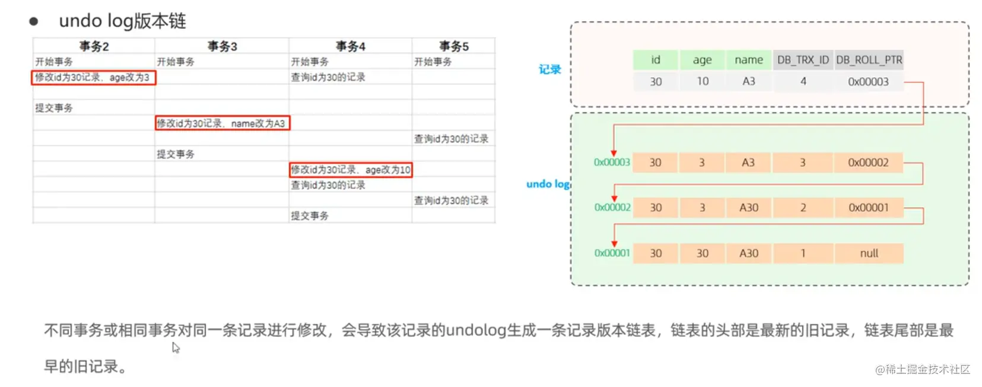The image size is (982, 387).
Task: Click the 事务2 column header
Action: pyautogui.click(x=94, y=46)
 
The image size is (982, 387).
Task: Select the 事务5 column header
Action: pyautogui.click(x=453, y=46)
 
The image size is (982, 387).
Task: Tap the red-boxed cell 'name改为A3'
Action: pyautogui.click(x=222, y=123)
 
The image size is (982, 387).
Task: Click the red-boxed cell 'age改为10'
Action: pyautogui.click(x=351, y=170)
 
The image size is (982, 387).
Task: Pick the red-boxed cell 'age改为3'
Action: pyautogui.click(x=93, y=78)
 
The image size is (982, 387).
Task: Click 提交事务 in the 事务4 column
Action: pyautogui.click(x=310, y=216)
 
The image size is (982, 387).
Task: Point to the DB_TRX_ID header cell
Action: pyautogui.click(x=803, y=60)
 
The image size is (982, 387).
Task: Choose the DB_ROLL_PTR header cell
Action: pyautogui.click(x=869, y=60)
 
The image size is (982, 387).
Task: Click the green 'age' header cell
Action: pyautogui.click(x=702, y=60)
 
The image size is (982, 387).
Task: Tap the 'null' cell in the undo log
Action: pyautogui.click(x=869, y=253)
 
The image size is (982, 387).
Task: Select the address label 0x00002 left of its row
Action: pyautogui.click(x=612, y=208)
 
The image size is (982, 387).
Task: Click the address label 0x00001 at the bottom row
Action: pyautogui.click(x=612, y=253)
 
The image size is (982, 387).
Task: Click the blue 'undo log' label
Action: pyautogui.click(x=547, y=184)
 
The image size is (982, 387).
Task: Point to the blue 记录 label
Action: pyautogui.click(x=549, y=69)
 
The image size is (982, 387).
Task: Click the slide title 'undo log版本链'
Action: pyautogui.click(x=122, y=21)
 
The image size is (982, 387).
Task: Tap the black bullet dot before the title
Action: pyautogui.click(x=34, y=22)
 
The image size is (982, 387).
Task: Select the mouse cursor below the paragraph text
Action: pyautogui.click(x=176, y=348)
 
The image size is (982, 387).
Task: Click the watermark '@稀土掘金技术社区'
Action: pyautogui.click(x=922, y=370)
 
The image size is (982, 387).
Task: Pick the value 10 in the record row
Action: pyautogui.click(x=703, y=82)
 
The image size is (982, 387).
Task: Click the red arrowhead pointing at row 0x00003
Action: pyautogui.click(x=614, y=153)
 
